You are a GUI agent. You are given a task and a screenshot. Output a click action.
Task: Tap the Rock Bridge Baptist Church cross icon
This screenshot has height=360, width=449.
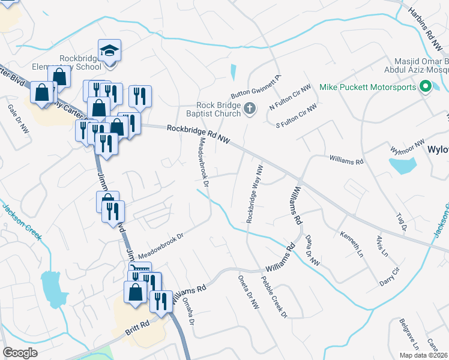[250, 109]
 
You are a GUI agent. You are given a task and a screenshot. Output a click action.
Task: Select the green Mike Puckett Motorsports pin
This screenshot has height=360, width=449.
[426, 88]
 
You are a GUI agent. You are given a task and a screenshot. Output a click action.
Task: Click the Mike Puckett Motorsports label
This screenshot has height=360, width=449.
[367, 88]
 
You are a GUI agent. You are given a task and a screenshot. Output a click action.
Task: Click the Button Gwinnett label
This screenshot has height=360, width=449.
[256, 88]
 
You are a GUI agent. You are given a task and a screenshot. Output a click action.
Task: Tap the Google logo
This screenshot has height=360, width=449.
[20, 353]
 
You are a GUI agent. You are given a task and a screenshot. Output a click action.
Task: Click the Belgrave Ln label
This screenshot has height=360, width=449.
[408, 335]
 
